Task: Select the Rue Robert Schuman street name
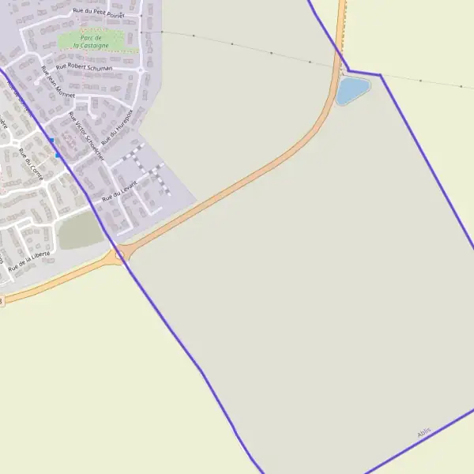tap(84, 68)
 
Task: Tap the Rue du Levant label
tap(119, 190)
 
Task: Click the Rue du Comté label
tap(29, 164)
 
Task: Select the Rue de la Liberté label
tap(30, 261)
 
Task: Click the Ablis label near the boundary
tap(425, 434)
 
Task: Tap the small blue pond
tap(352, 90)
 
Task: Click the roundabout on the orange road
tap(120, 254)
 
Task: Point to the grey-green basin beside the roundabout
tap(80, 231)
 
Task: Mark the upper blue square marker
tap(51, 141)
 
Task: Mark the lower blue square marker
tap(57, 156)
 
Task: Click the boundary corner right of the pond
tap(380, 75)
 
